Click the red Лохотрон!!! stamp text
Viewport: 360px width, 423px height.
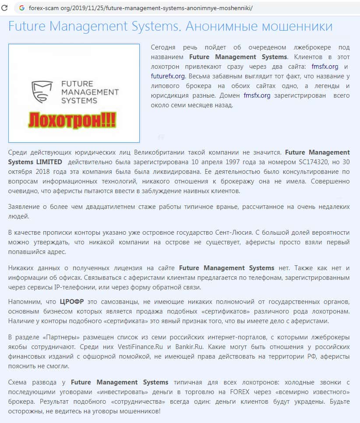(x=72, y=119)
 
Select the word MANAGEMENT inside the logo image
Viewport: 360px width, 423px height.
(x=90, y=92)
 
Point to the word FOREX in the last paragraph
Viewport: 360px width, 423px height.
(x=240, y=392)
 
